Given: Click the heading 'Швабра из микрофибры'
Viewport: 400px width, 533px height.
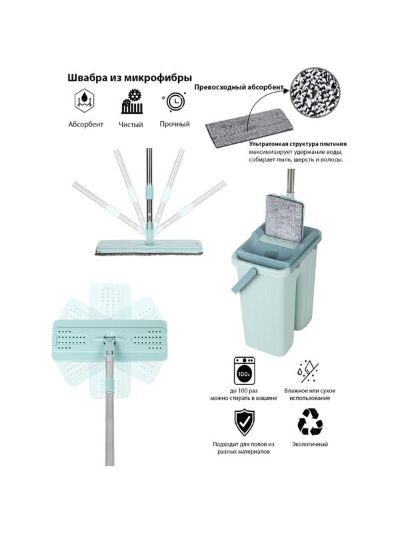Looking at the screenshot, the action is (x=129, y=78).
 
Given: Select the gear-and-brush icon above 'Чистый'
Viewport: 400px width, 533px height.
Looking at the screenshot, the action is (x=132, y=101).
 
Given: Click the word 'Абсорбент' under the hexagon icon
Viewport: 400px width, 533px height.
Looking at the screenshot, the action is (x=86, y=125).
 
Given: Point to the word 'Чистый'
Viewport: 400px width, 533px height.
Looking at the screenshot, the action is (x=131, y=125).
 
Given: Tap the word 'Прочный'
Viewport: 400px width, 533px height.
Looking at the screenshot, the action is (x=175, y=124).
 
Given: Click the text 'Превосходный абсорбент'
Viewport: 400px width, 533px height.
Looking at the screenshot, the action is (x=239, y=87).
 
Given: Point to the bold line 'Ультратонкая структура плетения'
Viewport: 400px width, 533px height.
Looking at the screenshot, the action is (x=297, y=144).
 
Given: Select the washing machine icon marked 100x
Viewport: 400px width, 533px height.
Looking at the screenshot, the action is (x=244, y=371).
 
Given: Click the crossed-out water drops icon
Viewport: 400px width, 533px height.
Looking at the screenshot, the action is (x=307, y=372).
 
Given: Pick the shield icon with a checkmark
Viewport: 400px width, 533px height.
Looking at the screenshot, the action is (x=244, y=422).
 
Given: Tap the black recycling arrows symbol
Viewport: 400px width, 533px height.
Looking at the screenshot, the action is (x=310, y=422).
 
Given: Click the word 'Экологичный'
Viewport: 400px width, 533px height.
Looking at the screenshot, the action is (x=310, y=444).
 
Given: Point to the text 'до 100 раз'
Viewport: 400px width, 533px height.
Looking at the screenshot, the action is (x=243, y=391).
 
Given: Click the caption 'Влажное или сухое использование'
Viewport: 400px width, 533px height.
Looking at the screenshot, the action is (x=310, y=394).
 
